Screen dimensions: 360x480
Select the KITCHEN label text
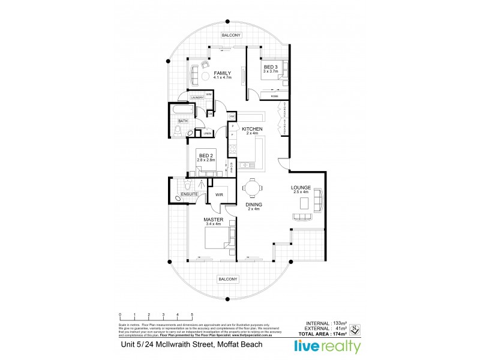tap(252, 129)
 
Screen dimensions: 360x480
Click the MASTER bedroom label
tap(214, 220)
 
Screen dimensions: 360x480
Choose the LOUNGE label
tap(301, 187)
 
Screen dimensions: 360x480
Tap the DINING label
tap(254, 205)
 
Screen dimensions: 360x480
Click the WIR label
tap(218, 195)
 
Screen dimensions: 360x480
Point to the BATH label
tap(182, 121)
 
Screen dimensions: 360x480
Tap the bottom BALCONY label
tap(229, 279)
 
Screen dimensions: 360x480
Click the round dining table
tap(252, 188)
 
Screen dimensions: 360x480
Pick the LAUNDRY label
tap(196, 98)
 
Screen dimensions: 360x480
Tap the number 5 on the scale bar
tap(191, 314)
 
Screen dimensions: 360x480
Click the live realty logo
tap(327, 346)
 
